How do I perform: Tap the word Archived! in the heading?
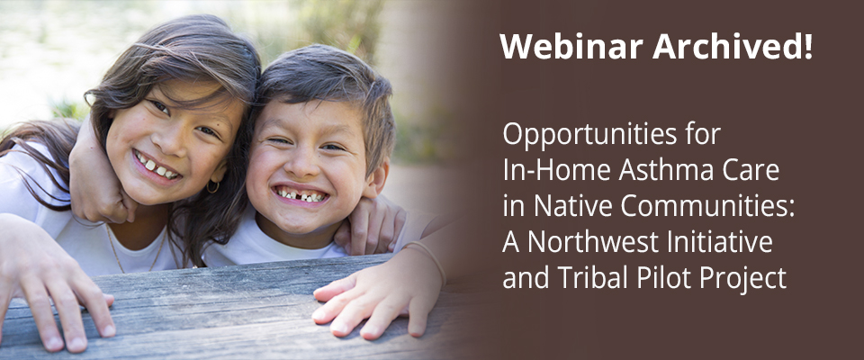[x=733, y=47]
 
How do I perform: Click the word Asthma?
[x=670, y=172]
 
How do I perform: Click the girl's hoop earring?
[x=212, y=187]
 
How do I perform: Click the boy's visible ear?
[x=379, y=179]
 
